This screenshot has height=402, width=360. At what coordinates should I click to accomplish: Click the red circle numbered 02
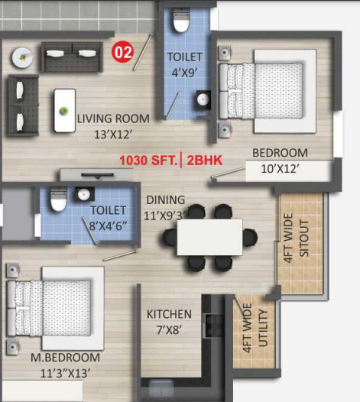point(122,53)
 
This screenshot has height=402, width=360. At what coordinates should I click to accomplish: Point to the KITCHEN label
point(169,315)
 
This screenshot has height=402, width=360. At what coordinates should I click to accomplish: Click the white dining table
point(209,236)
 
